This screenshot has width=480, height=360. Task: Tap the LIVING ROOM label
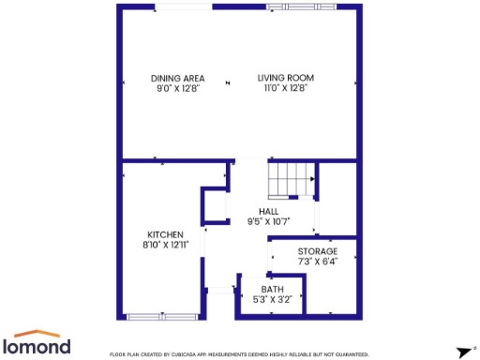click(x=286, y=78)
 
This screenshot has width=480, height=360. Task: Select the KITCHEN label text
click(x=165, y=234)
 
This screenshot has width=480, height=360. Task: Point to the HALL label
click(x=269, y=212)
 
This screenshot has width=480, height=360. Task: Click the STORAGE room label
click(x=318, y=252)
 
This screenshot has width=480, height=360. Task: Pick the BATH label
click(x=273, y=290)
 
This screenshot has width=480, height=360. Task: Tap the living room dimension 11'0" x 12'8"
click(x=286, y=88)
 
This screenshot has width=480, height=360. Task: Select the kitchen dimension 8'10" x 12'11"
click(x=165, y=245)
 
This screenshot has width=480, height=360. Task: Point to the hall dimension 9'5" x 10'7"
click(x=269, y=222)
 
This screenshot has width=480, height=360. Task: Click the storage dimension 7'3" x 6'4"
click(x=318, y=262)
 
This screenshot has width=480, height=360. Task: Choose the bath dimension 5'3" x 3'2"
click(x=273, y=300)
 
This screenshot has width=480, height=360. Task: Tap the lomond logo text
click(x=41, y=346)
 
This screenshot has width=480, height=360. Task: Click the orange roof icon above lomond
click(x=41, y=333)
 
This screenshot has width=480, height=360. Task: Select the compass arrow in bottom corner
click(x=463, y=352)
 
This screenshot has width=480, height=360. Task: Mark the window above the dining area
click(x=183, y=7)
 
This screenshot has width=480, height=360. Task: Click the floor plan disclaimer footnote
click(x=239, y=354)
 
